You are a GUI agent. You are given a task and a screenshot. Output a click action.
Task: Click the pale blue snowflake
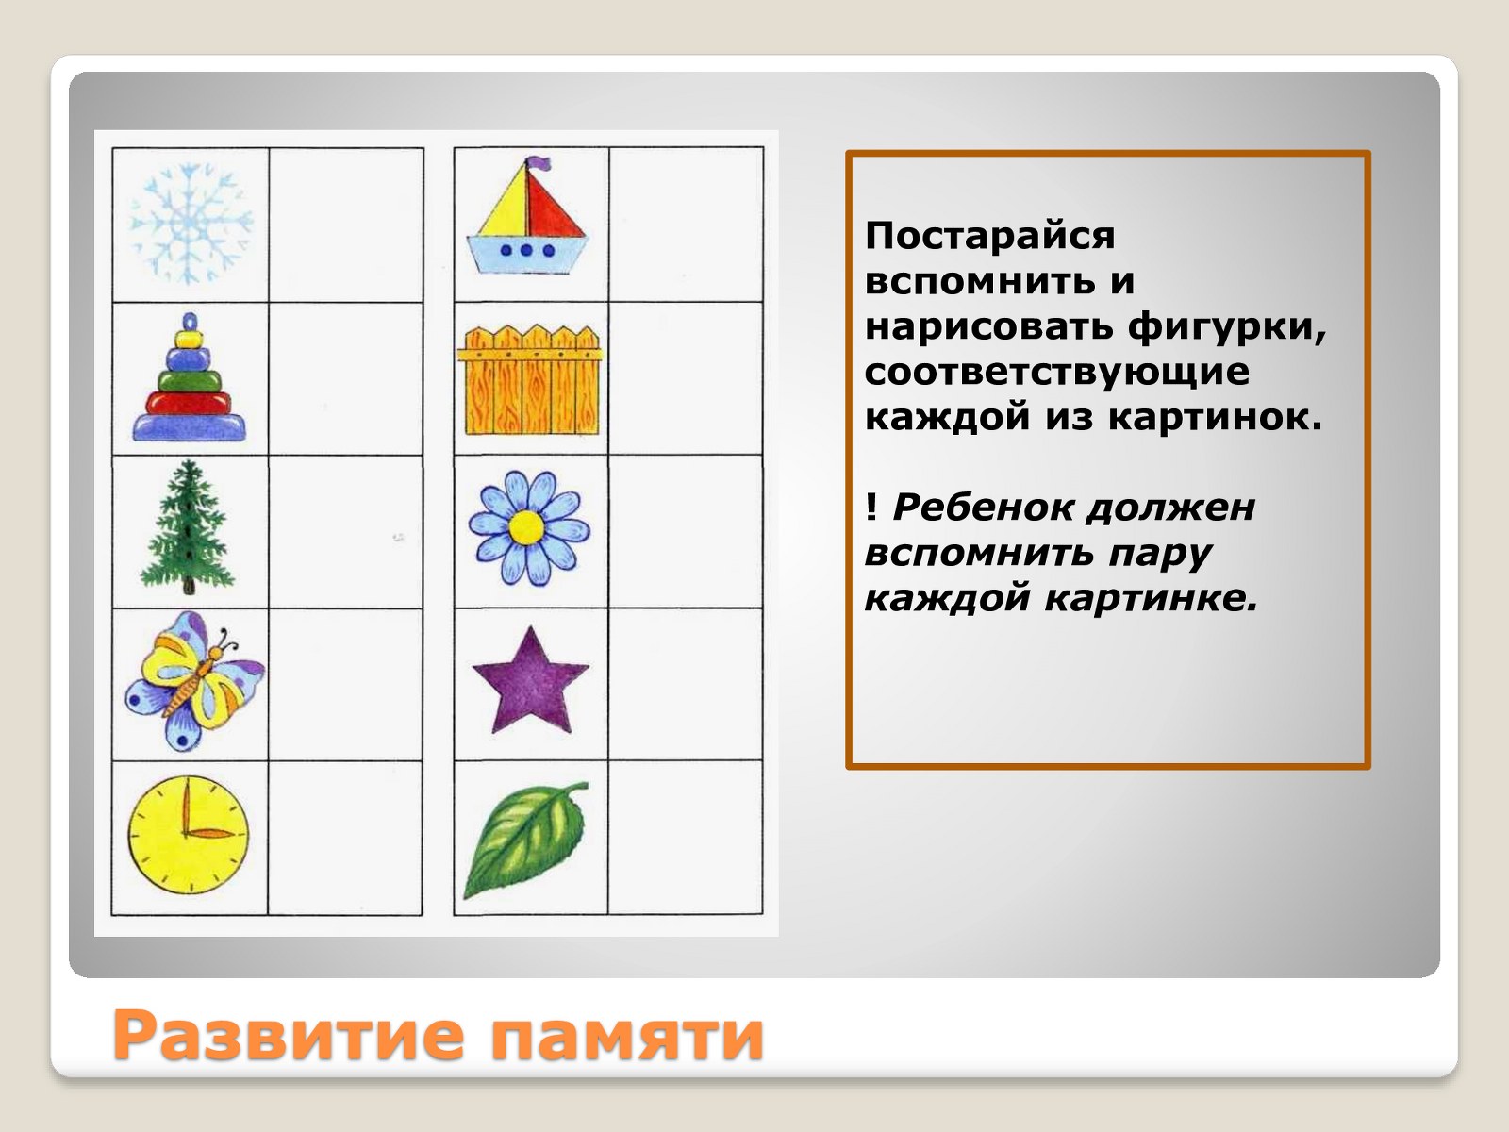coord(191,224)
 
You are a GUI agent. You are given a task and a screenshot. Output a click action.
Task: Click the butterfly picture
coord(194,680)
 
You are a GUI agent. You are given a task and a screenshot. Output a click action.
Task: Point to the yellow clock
coord(189,835)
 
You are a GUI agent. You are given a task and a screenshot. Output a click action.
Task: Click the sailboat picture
coord(527,216)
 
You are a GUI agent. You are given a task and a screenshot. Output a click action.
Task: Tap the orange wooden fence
coord(530,380)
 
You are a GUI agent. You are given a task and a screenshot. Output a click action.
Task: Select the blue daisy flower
coord(529,528)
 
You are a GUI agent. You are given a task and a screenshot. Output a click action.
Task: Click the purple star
coord(531,680)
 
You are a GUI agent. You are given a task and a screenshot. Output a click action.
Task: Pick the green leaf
coord(526,840)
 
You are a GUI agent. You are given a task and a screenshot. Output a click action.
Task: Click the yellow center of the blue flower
coord(527,528)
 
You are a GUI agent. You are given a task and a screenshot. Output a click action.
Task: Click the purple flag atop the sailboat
coord(538,164)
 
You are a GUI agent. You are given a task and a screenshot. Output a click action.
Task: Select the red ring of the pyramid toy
coord(189,403)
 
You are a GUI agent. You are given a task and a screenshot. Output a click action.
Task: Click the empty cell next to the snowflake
coord(346,225)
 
